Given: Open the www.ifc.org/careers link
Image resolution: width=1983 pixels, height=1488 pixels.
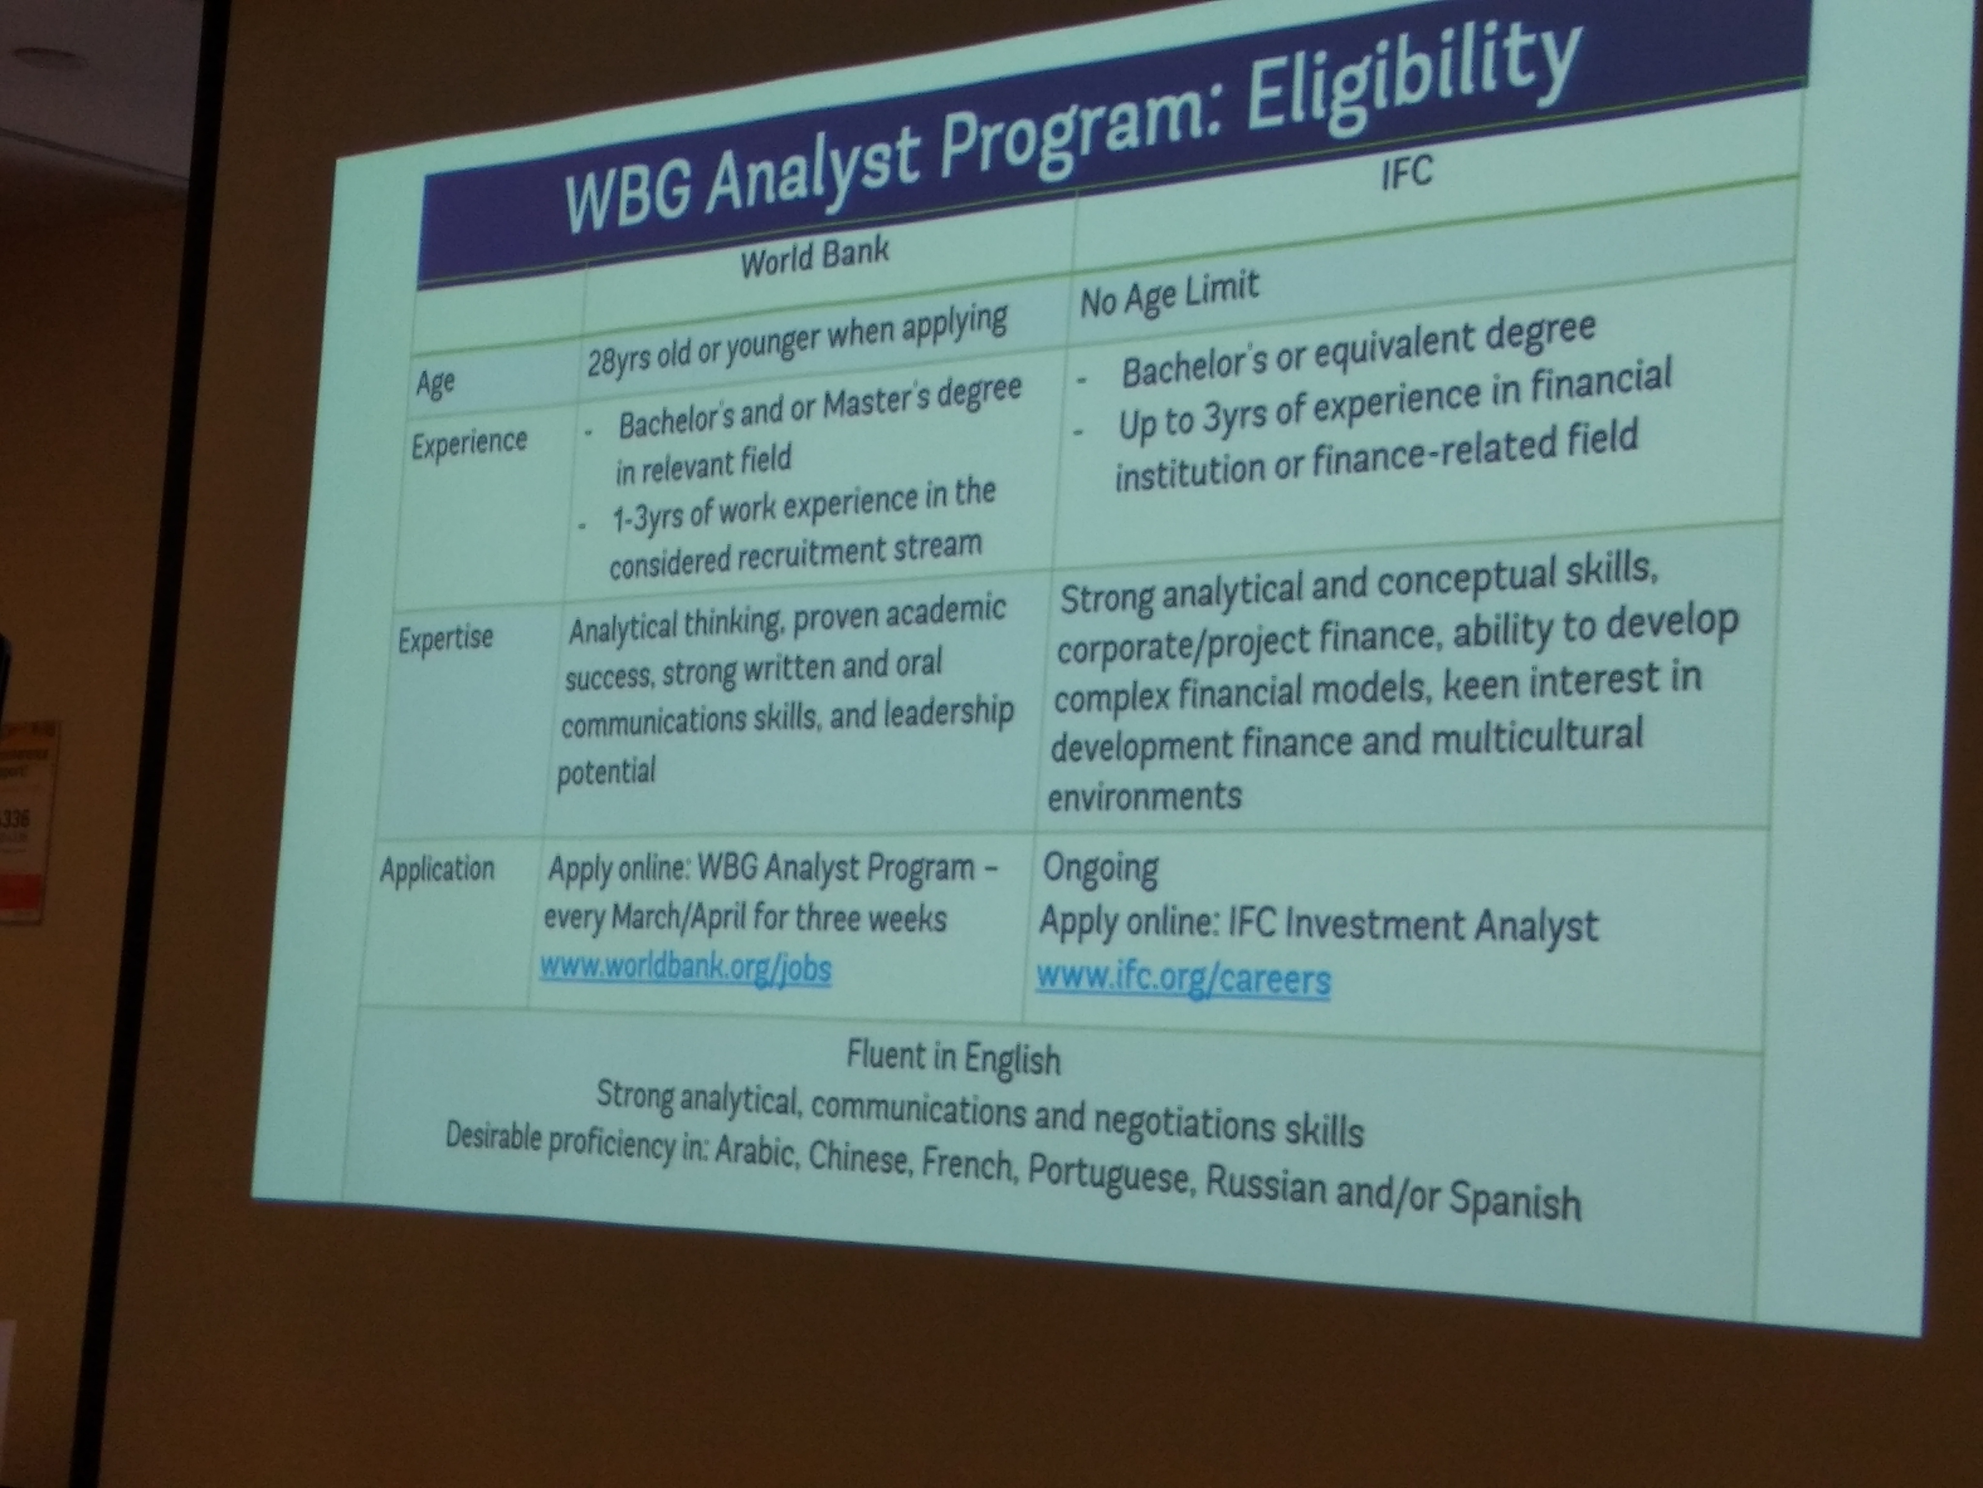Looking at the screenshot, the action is (1183, 977).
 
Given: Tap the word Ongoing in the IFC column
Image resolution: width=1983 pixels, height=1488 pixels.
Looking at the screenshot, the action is (1100, 868).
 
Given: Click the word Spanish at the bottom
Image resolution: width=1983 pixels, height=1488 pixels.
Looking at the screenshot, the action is (1514, 1201).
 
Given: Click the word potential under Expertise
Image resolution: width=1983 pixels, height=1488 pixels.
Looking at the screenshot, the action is (606, 771).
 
